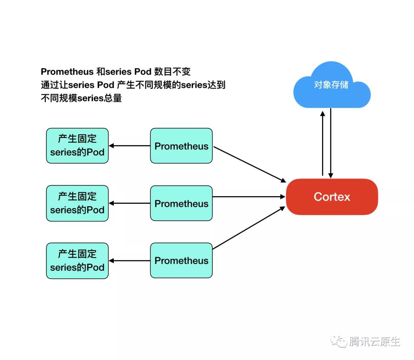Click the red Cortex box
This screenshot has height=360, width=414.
[x=332, y=197]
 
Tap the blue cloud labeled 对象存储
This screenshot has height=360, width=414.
[x=331, y=85]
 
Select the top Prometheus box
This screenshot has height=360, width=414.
[x=181, y=146]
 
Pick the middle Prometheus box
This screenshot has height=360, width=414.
[x=181, y=203]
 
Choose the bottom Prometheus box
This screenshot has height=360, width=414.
[x=181, y=261]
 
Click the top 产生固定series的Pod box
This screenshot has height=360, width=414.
[x=77, y=146]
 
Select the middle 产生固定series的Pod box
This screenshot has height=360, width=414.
[x=77, y=203]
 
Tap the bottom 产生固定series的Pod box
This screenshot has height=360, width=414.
[x=77, y=261]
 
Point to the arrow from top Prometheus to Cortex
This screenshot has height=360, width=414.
[x=249, y=164]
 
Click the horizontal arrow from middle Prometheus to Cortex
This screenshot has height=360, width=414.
[x=249, y=197]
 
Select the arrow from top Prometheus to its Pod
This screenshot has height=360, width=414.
[x=130, y=146]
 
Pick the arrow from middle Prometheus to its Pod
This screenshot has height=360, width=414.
[x=130, y=203]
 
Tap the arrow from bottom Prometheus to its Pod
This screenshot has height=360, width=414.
[x=130, y=261]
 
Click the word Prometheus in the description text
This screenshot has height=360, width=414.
[x=67, y=72]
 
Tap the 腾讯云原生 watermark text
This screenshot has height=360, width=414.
[x=375, y=341]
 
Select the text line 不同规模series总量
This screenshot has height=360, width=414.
[x=81, y=98]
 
